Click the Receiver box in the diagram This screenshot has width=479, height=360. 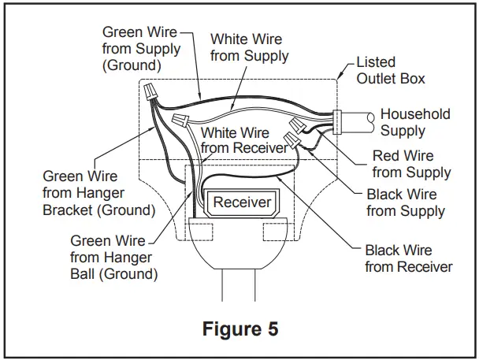point(243,202)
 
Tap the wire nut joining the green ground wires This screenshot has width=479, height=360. point(151,94)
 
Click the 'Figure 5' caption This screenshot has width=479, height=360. point(239,328)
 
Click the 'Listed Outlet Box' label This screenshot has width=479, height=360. point(390,70)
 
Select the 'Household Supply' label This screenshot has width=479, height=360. point(415,122)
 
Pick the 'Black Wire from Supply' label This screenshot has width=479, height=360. point(406,202)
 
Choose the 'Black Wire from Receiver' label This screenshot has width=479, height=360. point(408,258)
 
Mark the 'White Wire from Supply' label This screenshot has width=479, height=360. point(249,47)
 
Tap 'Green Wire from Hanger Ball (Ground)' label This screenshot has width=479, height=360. point(113,258)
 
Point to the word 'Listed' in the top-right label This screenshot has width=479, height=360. point(376,61)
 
